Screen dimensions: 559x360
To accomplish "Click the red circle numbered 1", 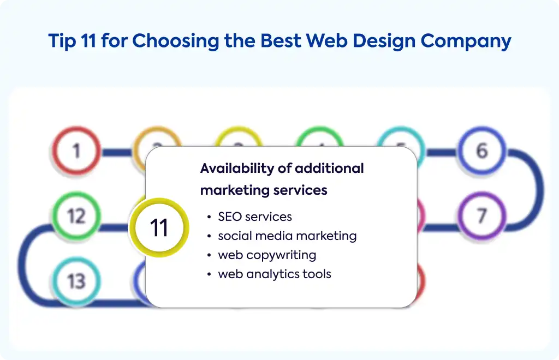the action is [x=76, y=151].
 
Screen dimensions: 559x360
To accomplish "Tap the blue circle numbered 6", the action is [x=482, y=151].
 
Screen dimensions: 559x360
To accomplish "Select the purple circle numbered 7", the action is [x=482, y=216].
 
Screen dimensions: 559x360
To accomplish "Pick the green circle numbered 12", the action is [x=76, y=216].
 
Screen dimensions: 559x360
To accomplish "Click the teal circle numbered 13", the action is [x=76, y=281].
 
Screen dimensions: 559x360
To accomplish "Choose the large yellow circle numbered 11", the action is [x=159, y=227].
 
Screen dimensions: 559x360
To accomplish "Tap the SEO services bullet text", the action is [x=255, y=217].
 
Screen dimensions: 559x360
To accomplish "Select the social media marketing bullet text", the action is [x=287, y=236].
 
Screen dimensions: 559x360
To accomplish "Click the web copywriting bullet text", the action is [x=267, y=255].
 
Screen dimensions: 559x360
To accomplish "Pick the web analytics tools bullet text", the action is [x=275, y=274].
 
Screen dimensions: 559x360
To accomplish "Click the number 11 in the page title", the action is [x=88, y=40].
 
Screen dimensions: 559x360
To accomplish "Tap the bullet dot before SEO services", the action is [x=209, y=217].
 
